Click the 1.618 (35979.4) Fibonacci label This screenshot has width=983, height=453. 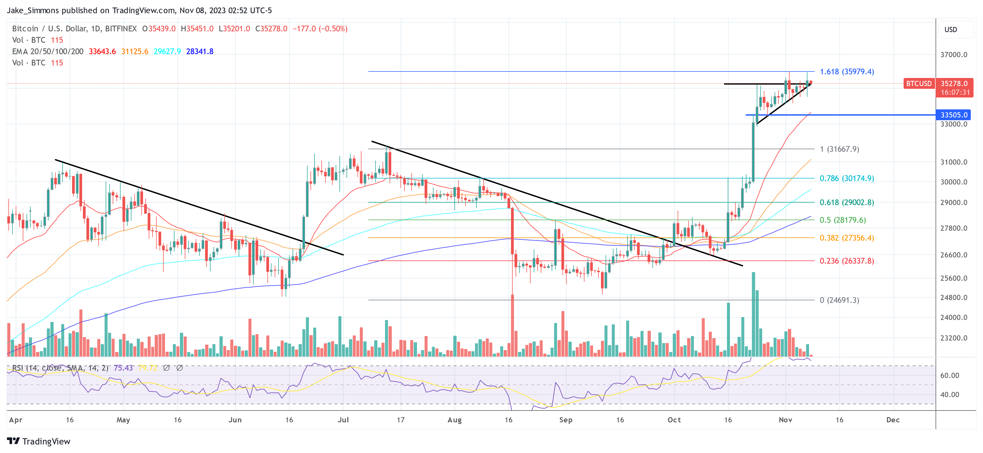tap(846, 72)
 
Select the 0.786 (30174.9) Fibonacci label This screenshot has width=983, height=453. tap(846, 178)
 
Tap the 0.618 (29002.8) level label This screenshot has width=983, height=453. tap(846, 203)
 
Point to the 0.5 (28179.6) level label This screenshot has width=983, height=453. tap(843, 220)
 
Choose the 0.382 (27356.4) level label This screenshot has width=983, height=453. tap(846, 238)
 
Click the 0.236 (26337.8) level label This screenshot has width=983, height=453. tap(846, 261)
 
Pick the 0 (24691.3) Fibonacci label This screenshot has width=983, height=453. tap(839, 300)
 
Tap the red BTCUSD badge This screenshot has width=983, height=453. tap(919, 83)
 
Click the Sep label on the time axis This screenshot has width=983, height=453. tap(565, 420)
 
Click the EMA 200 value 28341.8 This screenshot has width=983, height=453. tap(200, 51)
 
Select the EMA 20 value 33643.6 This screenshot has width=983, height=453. tap(102, 51)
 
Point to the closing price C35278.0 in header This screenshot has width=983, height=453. tap(271, 29)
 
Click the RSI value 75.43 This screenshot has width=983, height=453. tap(123, 368)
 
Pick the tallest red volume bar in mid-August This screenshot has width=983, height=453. tap(512, 325)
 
